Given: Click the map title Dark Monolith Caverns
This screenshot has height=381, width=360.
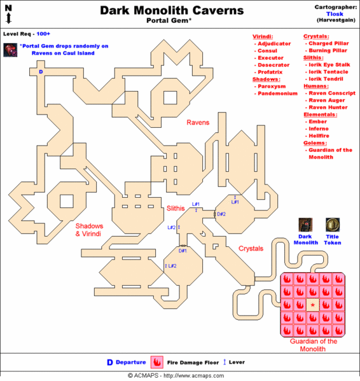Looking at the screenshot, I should [x=172, y=10].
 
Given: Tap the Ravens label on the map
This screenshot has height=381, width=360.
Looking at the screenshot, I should [x=198, y=121].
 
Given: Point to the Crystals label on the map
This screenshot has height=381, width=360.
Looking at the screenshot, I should [x=251, y=249].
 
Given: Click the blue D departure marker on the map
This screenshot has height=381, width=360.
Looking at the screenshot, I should [x=41, y=73].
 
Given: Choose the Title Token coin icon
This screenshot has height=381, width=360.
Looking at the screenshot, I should [x=332, y=225].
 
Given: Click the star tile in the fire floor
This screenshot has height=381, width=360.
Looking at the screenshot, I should [x=312, y=305].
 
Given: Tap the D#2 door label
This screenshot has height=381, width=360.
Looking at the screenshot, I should [x=221, y=214].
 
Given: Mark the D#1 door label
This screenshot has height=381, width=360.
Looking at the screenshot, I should [x=183, y=251].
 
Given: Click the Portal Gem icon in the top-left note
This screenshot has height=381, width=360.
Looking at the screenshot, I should [x=10, y=50].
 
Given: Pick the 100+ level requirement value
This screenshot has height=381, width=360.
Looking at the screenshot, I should [x=44, y=32].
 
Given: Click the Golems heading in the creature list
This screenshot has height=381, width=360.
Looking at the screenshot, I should [x=315, y=142].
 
